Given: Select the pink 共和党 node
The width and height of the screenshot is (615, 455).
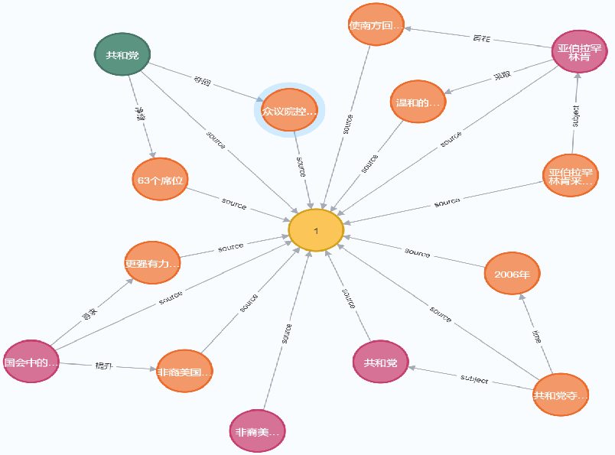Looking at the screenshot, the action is click(x=380, y=362).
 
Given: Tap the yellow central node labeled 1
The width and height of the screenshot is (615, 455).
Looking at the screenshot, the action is click(x=316, y=230).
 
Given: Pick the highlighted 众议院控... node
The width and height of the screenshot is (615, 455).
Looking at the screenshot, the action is click(x=285, y=111).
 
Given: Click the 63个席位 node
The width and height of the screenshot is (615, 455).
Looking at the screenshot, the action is click(x=159, y=180).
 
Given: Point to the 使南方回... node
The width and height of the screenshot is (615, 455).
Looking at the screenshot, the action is click(x=376, y=25).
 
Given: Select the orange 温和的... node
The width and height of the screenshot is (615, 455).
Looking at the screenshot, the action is click(x=418, y=101).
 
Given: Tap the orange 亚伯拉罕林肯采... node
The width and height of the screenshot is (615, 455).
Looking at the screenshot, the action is click(x=570, y=176).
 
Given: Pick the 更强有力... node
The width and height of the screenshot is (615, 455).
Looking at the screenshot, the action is click(x=152, y=262).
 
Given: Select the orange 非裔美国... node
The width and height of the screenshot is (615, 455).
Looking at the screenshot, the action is click(x=184, y=372).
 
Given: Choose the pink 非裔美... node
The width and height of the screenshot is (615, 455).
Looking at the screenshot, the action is click(x=258, y=432).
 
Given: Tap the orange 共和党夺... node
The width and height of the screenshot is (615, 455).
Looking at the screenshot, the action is click(x=561, y=395).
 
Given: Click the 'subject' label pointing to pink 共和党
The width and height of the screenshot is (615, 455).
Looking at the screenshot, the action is click(x=473, y=379).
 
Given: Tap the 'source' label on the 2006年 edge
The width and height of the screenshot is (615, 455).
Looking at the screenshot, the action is click(x=418, y=252).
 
